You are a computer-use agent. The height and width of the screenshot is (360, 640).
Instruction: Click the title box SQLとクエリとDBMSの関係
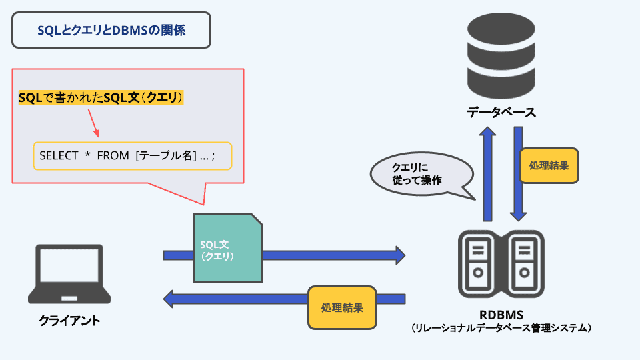click(x=111, y=29)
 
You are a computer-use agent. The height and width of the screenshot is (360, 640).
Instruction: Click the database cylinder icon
click(x=501, y=56)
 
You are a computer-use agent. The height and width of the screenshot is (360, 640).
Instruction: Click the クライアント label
click(x=70, y=321)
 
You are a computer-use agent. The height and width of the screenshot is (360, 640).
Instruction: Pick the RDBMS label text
click(x=501, y=314)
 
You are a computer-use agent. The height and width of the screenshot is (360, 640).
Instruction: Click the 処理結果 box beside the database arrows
click(x=549, y=165)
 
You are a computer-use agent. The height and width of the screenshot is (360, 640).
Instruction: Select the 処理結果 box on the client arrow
click(x=342, y=307)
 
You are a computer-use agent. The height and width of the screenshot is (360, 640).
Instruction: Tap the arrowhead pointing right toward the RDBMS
click(x=399, y=255)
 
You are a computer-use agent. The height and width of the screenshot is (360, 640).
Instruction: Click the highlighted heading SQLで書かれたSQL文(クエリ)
click(x=101, y=98)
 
